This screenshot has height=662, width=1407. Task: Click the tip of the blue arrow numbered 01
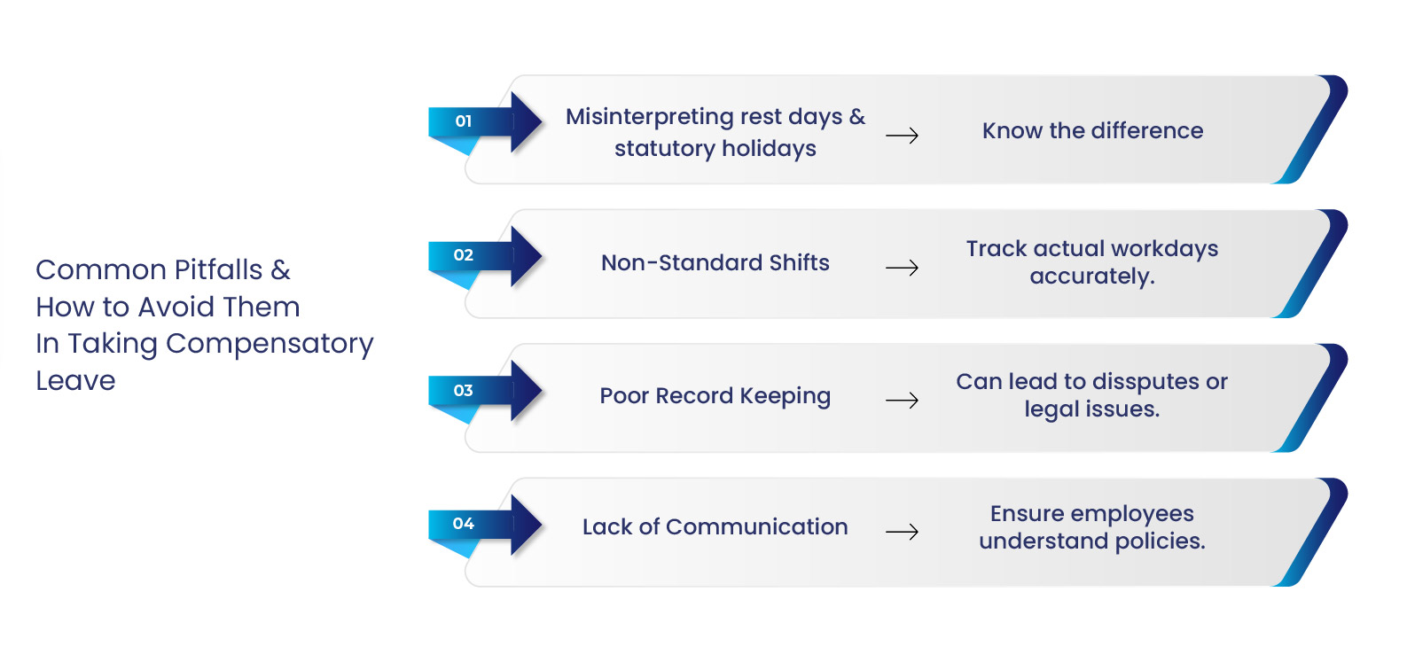(542, 121)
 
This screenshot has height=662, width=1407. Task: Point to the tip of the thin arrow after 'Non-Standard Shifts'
(918, 268)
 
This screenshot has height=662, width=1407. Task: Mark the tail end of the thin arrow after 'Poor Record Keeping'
(887, 400)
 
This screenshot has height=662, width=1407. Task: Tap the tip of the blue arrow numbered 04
(542, 525)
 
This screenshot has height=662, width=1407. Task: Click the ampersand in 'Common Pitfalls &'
(280, 270)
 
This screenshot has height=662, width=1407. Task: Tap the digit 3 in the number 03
(468, 391)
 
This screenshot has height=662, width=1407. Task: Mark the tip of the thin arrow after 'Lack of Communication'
(918, 532)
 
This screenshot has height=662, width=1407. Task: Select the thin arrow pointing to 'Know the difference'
(902, 135)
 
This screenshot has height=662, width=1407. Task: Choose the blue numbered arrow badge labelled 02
(485, 256)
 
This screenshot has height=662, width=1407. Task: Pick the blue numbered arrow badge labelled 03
(485, 391)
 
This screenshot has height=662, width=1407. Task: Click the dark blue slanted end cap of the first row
(1311, 129)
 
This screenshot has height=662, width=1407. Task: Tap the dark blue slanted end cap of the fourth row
(1311, 532)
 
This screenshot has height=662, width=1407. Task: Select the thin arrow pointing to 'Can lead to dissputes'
(902, 400)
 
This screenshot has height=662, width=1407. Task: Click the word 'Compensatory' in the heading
(270, 344)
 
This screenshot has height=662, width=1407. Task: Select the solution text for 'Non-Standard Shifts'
(1091, 262)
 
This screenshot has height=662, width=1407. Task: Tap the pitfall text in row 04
(715, 526)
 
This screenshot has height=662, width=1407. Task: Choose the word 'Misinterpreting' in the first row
(649, 118)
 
